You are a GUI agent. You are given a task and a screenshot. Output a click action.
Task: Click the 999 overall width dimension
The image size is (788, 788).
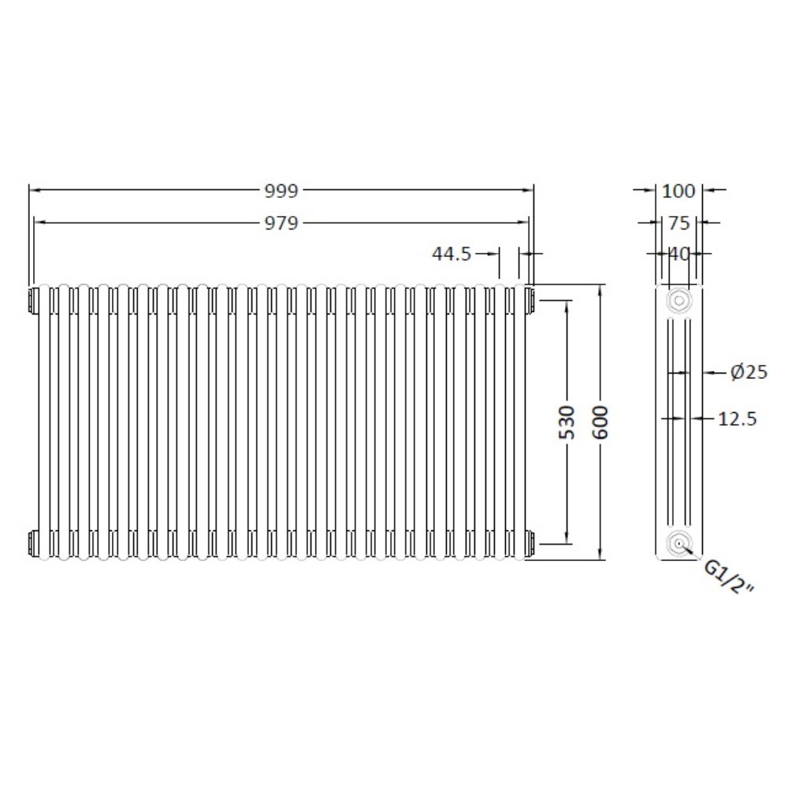(x=281, y=190)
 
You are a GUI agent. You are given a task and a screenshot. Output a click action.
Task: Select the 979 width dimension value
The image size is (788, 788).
(x=281, y=223)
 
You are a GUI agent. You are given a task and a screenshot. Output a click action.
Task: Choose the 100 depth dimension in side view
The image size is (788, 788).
(x=678, y=190)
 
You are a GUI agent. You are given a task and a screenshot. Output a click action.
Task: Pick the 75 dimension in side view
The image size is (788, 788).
(x=678, y=223)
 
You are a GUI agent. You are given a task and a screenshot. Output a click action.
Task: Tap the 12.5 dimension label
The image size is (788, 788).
(x=738, y=419)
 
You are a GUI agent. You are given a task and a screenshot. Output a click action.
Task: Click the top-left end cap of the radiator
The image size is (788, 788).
(x=33, y=300)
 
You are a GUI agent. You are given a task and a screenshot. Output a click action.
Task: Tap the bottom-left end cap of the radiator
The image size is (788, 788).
(x=33, y=542)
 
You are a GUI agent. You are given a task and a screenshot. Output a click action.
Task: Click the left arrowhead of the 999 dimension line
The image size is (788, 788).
(x=34, y=190)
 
